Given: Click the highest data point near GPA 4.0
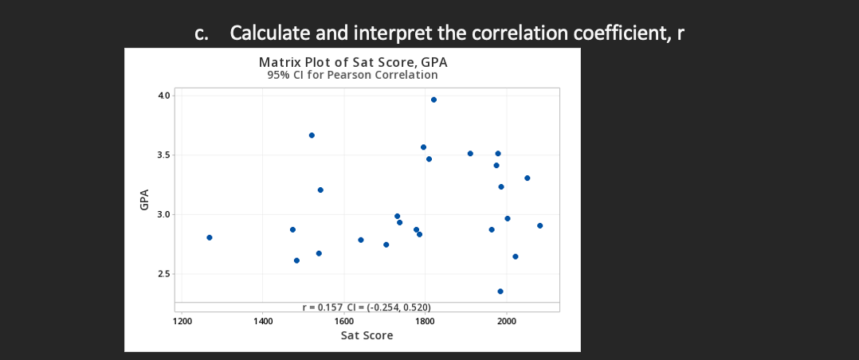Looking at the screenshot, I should pos(433,100).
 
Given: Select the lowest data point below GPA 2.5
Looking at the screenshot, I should pos(500,292).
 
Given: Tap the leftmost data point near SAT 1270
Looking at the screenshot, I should pos(210,237).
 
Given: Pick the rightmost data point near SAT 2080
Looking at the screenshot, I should pos(540,225).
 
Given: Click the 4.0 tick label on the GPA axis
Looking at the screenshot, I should pos(164,96).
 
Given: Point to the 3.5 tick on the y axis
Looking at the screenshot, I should pos(164,155).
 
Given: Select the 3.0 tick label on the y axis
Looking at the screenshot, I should pos(164,214).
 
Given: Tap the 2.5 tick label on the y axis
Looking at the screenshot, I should pos(164,274).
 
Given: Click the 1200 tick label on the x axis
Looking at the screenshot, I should pos(182,321).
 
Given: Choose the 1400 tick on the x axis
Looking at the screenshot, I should pos(262,321).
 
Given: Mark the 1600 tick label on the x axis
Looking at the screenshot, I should pos(343,321).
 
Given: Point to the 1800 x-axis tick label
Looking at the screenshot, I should pos(425,321).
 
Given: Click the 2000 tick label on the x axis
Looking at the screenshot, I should pos(506,321).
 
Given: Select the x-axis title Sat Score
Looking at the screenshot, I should pos(367,335).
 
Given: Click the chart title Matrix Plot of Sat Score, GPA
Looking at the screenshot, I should pos(359,62).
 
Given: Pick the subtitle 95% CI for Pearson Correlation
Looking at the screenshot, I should pos(352,75).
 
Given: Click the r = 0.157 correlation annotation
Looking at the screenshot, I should pos(367,307).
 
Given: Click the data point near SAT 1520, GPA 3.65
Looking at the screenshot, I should pos(312,135).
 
